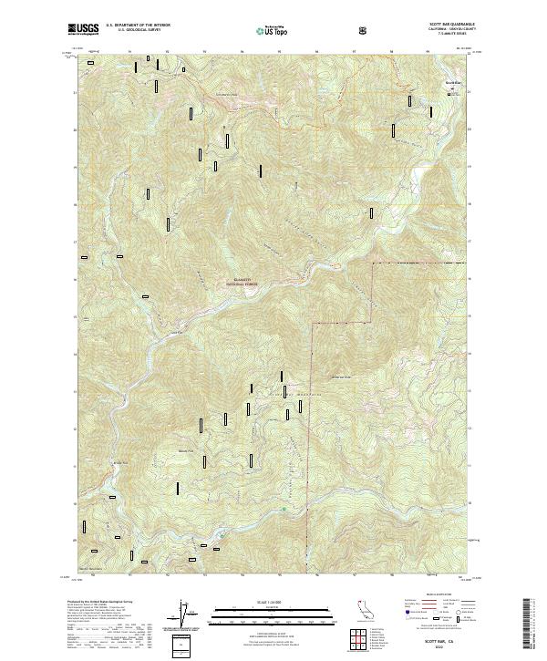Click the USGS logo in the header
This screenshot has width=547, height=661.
pos(83,31)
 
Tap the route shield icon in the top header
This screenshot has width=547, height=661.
pos(365,30)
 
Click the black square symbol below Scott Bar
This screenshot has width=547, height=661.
pos(448,91)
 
